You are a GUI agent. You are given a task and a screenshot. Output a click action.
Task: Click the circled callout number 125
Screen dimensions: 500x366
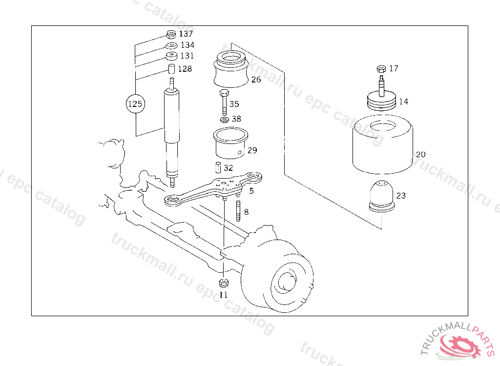(136, 103)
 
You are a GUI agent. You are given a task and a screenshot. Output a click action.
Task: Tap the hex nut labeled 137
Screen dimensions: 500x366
(171, 34)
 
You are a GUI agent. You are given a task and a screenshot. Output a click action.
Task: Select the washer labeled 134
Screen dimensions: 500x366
(171, 45)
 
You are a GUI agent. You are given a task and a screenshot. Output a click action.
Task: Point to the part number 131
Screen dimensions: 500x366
(187, 56)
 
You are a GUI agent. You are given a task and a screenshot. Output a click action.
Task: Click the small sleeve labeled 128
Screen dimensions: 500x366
(171, 68)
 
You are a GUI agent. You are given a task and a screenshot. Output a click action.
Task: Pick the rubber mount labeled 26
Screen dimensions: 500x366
(231, 69)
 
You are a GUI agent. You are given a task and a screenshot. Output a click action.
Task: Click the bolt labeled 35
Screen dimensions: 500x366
(224, 102)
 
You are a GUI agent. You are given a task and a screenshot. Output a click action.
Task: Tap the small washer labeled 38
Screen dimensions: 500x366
(225, 120)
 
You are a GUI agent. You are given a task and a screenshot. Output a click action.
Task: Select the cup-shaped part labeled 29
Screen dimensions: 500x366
(230, 143)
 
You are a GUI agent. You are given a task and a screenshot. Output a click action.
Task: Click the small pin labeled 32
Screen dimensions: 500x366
(218, 168)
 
